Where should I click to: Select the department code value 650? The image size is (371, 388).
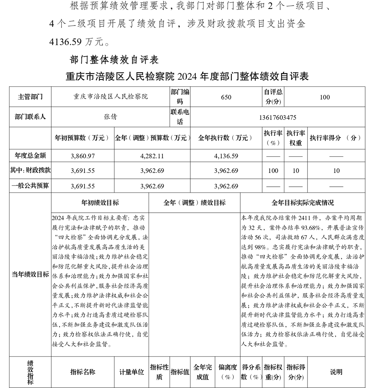click(x=226, y=97)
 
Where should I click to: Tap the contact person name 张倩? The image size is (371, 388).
click(x=110, y=117)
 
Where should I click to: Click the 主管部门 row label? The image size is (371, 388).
click(x=30, y=97)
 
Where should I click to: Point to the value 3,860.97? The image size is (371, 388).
click(x=83, y=156)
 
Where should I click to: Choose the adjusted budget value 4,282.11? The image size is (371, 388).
click(x=152, y=156)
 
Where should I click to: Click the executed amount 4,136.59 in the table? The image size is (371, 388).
click(x=226, y=156)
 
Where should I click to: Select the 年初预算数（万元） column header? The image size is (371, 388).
click(x=82, y=138)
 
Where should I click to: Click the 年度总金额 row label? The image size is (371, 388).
click(x=30, y=156)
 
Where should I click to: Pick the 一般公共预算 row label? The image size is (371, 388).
click(x=30, y=186)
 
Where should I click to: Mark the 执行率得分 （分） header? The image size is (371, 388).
click(x=336, y=138)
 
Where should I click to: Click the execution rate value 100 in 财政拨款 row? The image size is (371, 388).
click(x=273, y=171)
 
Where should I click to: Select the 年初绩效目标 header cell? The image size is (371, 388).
click(x=100, y=203)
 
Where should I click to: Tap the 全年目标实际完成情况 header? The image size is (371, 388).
click(x=302, y=203)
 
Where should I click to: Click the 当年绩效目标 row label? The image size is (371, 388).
click(x=30, y=275)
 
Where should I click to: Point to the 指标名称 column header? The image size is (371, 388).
click(x=83, y=372)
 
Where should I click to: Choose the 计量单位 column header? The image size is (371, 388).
click(x=132, y=372)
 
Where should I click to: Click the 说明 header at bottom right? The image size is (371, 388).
click(x=336, y=372)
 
